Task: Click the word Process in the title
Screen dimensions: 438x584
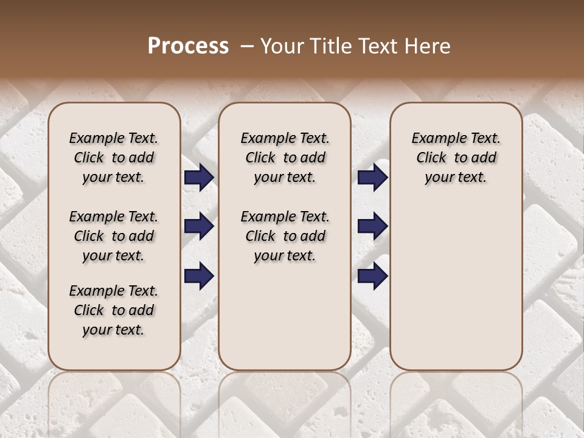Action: tap(188, 46)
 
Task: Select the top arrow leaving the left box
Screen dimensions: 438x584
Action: tap(199, 178)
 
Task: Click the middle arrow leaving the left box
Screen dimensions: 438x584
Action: tap(199, 227)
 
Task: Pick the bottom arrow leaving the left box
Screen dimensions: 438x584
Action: tap(199, 276)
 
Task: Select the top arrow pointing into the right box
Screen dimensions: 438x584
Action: tap(372, 178)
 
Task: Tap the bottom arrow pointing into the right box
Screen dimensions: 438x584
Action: tap(372, 276)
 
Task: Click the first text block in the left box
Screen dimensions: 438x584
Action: tap(114, 158)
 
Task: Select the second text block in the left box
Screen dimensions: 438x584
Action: tap(114, 236)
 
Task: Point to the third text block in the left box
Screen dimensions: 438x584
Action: tap(114, 310)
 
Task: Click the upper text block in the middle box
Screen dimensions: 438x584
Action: tap(285, 158)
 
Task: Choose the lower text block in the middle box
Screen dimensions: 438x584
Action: tap(285, 236)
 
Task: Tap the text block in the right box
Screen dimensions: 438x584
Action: tap(456, 158)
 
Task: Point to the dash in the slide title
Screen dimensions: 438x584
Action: tap(247, 46)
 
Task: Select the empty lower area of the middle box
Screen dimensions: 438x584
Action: tap(285, 316)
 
